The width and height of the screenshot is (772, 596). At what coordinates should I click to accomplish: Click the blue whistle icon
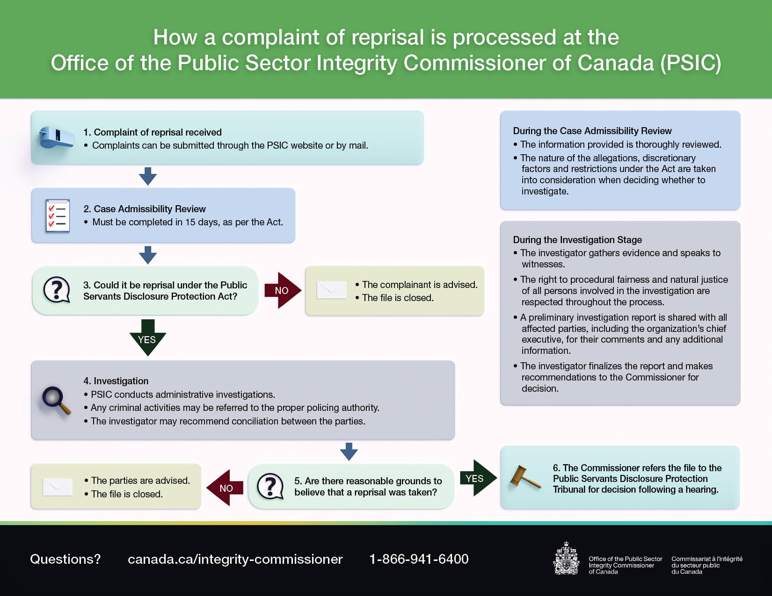coord(57,137)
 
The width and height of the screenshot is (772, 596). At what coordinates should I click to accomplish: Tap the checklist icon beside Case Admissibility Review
coord(58,215)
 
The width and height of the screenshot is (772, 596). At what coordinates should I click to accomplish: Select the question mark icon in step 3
coord(57,290)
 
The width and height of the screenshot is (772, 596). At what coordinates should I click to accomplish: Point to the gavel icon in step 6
coord(525,478)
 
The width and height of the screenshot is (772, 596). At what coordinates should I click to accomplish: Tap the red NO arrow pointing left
coord(226,488)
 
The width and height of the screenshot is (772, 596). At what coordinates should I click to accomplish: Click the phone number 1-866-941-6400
coord(419,559)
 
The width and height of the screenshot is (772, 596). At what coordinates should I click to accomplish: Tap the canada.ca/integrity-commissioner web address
coord(235,559)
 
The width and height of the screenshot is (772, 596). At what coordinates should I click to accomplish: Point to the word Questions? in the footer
coord(65,559)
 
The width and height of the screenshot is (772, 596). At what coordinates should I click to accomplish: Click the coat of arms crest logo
coord(566,559)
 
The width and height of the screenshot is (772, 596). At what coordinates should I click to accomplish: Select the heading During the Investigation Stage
coord(577,240)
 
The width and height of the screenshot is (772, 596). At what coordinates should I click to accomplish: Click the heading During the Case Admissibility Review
coord(592,131)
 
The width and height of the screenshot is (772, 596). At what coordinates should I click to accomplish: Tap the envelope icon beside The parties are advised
coord(58,487)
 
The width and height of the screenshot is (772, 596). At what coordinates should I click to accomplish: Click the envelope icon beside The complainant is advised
coord(331,290)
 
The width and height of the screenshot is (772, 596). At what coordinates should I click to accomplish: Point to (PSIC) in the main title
coord(691,63)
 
